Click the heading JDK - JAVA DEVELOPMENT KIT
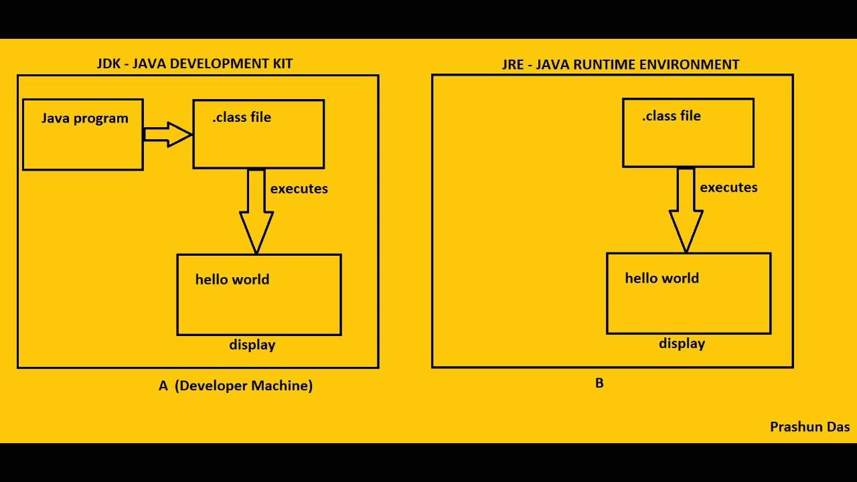195,64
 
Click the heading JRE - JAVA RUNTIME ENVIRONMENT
621,65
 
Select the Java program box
83,135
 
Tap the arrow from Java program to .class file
167,134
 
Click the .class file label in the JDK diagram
242,117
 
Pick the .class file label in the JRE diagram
672,116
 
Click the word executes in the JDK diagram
299,189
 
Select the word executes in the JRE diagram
728,187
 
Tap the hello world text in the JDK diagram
232,279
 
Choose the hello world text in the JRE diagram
661,278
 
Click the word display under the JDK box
252,345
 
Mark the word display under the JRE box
682,344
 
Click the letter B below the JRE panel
599,384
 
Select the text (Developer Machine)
244,386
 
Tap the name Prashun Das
809,427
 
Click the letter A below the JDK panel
163,386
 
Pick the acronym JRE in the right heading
513,65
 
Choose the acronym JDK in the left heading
109,64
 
